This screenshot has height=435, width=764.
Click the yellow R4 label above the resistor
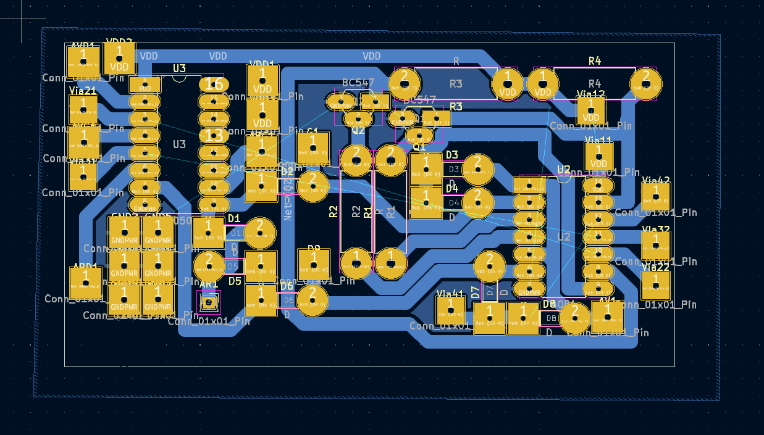(594, 60)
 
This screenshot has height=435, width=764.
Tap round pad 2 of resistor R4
(645, 83)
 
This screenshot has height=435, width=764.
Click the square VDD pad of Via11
(599, 158)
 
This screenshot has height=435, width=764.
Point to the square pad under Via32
(655, 246)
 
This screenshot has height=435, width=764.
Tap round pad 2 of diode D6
(313, 300)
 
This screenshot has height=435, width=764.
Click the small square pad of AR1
(209, 302)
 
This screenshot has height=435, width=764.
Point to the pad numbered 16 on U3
(214, 84)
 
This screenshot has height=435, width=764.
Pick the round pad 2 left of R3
(404, 83)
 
